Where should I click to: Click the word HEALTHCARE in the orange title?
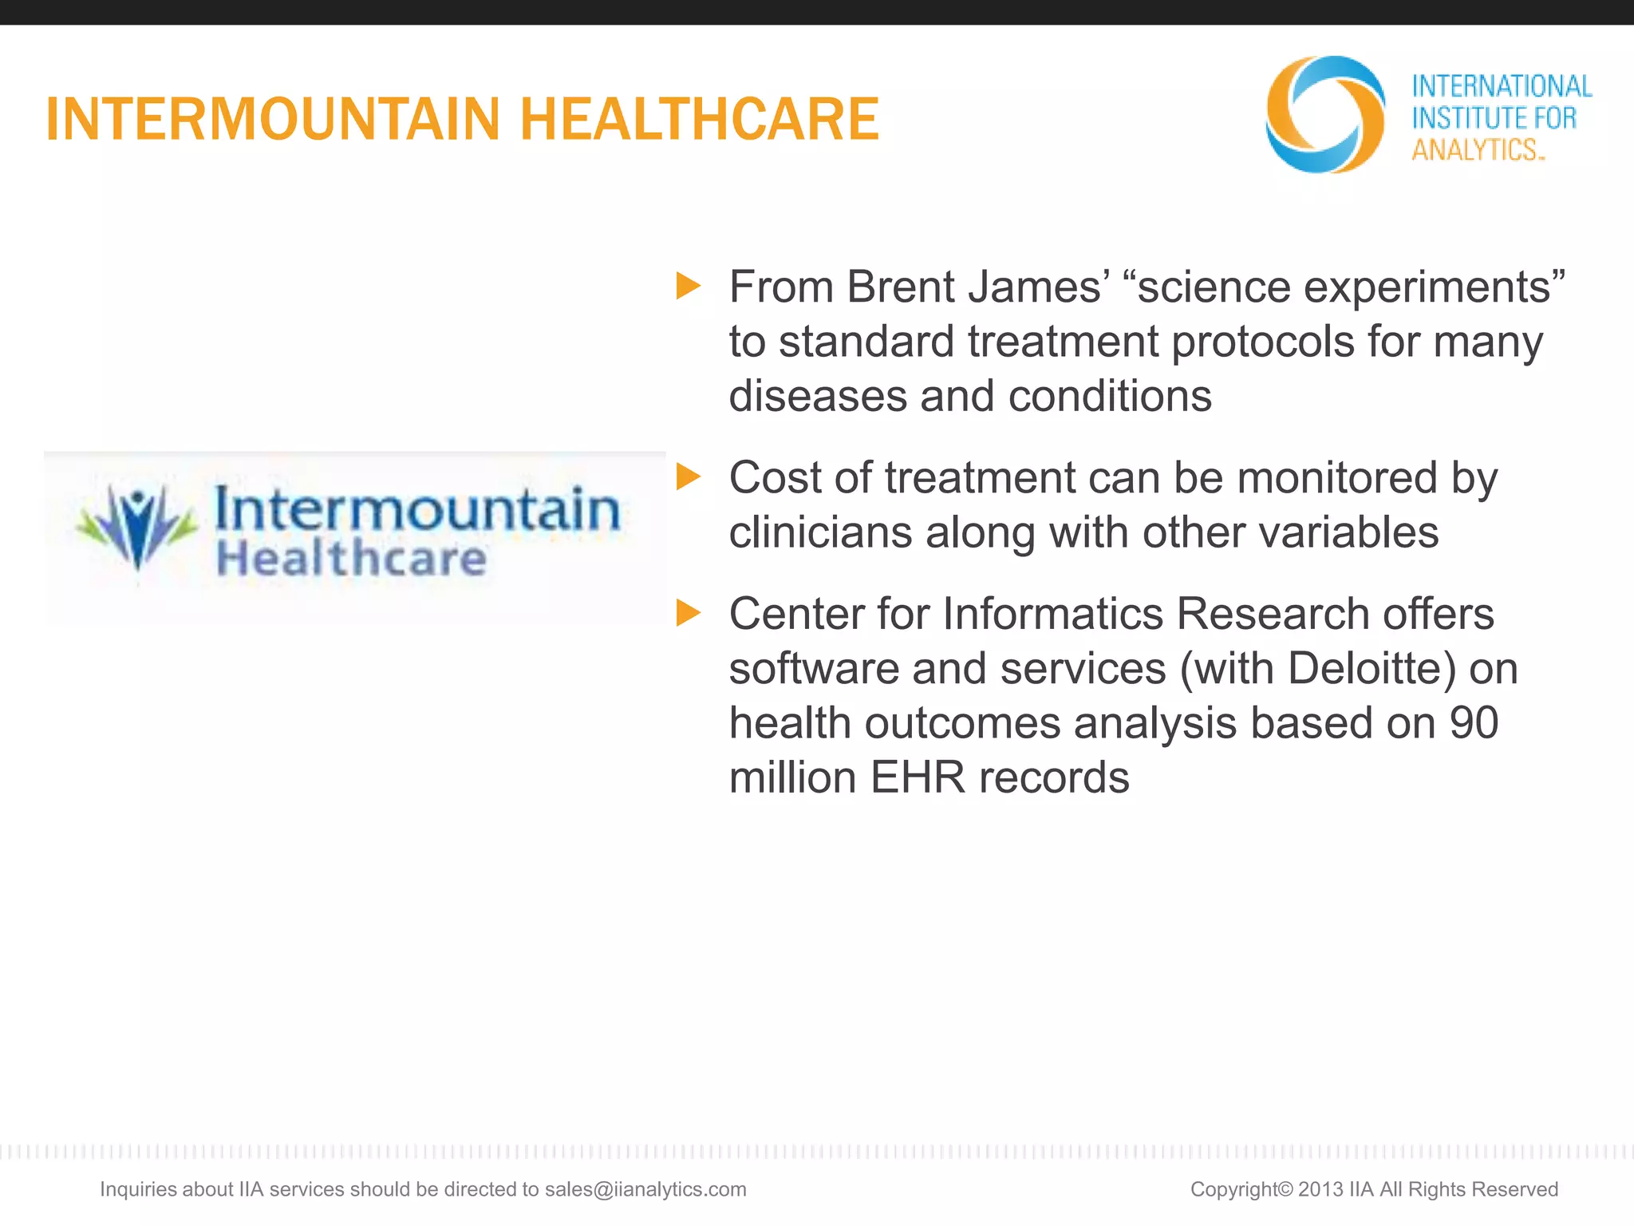click(x=699, y=120)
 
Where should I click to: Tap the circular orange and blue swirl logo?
click(x=1324, y=114)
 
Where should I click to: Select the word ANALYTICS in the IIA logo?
click(x=1474, y=150)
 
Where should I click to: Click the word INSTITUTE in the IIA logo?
click(x=1470, y=118)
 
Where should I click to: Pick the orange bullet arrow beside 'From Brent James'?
click(x=688, y=286)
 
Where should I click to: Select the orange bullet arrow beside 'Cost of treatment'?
click(x=688, y=477)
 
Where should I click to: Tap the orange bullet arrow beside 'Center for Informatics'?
click(x=688, y=613)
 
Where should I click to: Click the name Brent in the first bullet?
click(x=900, y=287)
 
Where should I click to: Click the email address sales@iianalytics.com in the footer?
click(x=645, y=1189)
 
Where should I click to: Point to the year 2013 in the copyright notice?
click(x=1320, y=1189)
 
